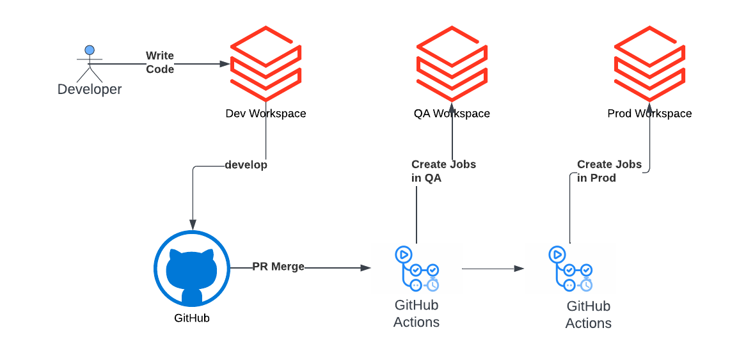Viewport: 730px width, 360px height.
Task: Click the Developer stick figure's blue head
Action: click(90, 50)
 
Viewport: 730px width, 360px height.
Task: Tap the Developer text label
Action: click(90, 90)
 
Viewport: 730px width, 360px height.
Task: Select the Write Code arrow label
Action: click(160, 63)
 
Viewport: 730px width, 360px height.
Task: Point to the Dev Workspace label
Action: click(266, 114)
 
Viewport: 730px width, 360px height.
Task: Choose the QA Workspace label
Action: click(452, 114)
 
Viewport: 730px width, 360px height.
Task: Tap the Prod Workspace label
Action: click(649, 114)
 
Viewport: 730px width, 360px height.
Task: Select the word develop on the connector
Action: click(246, 165)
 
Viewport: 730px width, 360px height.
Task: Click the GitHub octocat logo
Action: click(192, 269)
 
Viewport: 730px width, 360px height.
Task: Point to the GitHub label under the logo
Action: click(192, 318)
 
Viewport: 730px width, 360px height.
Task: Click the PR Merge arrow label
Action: click(278, 267)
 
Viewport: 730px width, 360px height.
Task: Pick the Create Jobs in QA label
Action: click(443, 171)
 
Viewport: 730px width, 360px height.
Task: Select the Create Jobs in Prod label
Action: click(609, 171)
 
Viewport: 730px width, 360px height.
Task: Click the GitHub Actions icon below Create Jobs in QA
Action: click(417, 269)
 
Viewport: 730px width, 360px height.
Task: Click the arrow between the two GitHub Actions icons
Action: click(493, 269)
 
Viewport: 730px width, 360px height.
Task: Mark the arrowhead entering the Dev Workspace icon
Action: click(225, 64)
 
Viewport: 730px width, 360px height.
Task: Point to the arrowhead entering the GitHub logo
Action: click(193, 225)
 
